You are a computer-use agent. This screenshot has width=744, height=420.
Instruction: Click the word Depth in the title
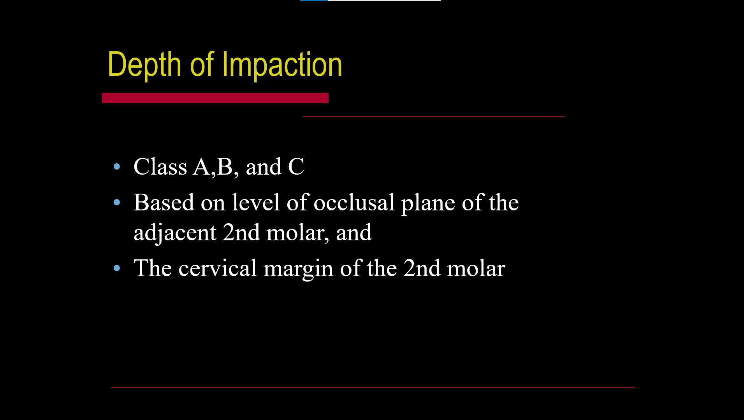[x=144, y=65]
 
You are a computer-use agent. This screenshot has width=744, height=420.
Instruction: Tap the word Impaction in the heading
[x=282, y=65]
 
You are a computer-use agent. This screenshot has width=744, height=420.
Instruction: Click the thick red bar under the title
[x=215, y=98]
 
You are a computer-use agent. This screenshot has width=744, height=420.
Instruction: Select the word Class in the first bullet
[x=160, y=167]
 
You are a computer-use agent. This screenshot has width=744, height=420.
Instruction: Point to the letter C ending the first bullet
[x=296, y=167]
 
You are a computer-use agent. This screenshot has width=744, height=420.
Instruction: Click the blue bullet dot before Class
[x=117, y=167]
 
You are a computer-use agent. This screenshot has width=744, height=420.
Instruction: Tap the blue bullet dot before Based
[x=117, y=203]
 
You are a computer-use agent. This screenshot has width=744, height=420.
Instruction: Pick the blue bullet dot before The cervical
[x=117, y=268]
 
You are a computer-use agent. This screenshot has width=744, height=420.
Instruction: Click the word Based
[x=164, y=203]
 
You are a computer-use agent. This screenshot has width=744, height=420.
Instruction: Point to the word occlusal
[x=354, y=203]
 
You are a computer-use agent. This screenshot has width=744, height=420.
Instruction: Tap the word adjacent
[x=175, y=233]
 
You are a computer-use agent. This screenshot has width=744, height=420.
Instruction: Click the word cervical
[x=218, y=268]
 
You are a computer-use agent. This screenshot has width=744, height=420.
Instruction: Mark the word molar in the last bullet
[x=476, y=268]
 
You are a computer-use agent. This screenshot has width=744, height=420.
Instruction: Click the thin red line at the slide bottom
[x=373, y=387]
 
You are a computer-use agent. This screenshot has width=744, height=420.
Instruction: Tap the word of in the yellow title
[x=202, y=65]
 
